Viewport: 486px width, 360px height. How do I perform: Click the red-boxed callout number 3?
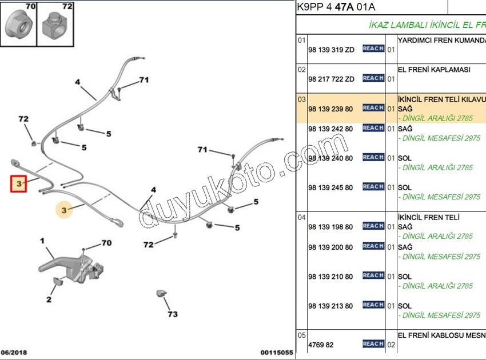tap(19, 184)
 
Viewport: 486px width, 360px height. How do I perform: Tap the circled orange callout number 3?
tap(64, 210)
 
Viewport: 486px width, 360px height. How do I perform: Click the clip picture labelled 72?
tap(55, 26)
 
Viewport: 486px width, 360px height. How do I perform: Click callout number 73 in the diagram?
tap(173, 314)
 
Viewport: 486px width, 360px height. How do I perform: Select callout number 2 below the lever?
tap(49, 299)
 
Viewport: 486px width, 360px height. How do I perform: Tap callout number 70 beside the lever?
tap(106, 243)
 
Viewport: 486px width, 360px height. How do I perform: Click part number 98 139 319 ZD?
tap(331, 50)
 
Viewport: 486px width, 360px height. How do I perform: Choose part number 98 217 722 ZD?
tap(331, 79)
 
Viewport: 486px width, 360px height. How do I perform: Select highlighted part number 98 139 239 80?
tap(330, 109)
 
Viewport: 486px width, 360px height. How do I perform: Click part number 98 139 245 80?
tap(330, 188)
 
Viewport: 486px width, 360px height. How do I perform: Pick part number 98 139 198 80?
tap(330, 227)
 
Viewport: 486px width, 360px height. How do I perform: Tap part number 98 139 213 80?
tap(330, 306)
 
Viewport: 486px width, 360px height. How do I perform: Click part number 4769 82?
tap(321, 345)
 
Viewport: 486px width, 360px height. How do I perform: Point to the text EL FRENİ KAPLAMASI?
tap(434, 70)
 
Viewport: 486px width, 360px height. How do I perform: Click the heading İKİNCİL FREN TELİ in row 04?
tap(429, 217)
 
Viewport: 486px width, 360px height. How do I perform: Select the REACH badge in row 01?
tap(373, 49)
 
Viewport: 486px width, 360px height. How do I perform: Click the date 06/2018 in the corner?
tap(14, 353)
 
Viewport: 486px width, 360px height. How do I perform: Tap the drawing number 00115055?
tap(277, 353)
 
